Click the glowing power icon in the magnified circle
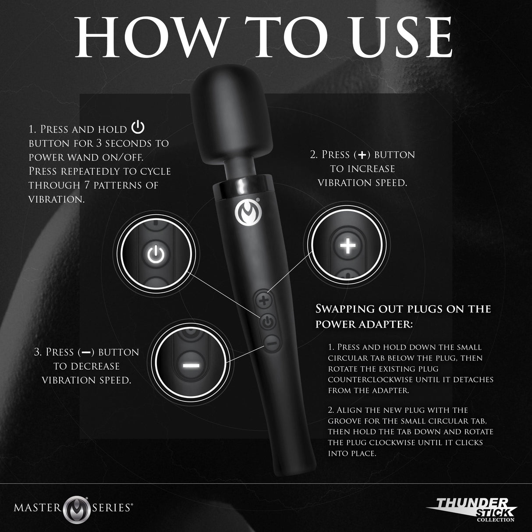pyautogui.click(x=156, y=255)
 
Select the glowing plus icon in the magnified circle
pyautogui.click(x=348, y=246)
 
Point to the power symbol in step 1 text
pyautogui.click(x=138, y=128)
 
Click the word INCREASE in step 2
pyautogui.click(x=368, y=169)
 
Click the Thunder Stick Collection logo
pyautogui.click(x=473, y=510)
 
